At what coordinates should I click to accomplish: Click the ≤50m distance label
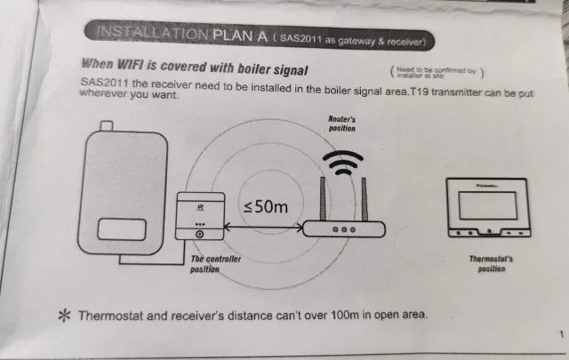click(x=266, y=206)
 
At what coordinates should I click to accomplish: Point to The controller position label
click(x=216, y=263)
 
